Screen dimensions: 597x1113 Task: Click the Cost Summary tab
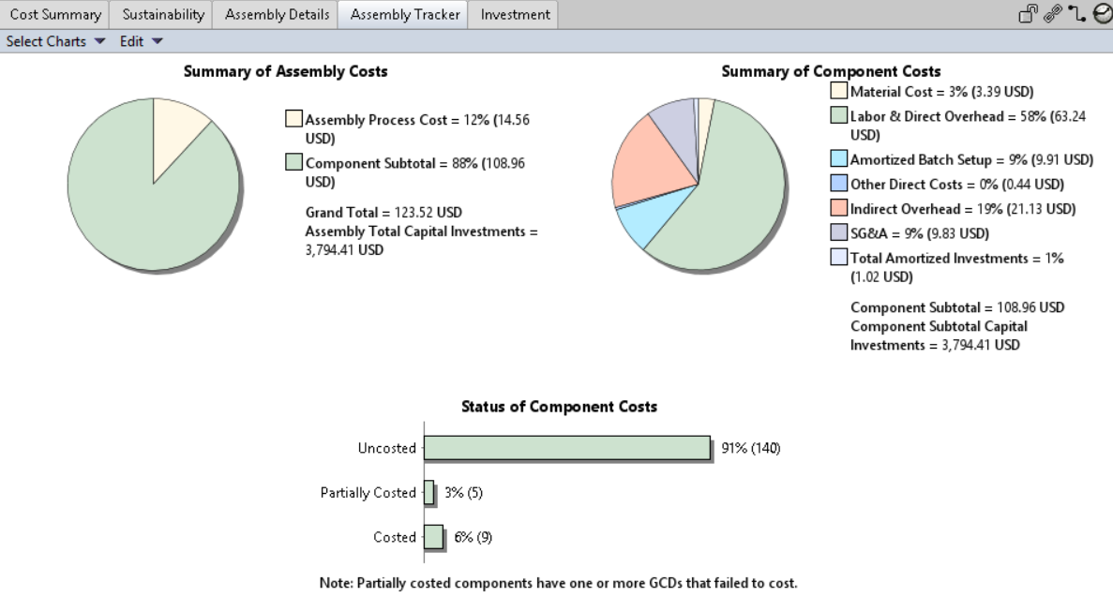click(55, 15)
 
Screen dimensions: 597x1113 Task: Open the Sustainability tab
click(163, 15)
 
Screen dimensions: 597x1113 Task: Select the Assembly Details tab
click(277, 15)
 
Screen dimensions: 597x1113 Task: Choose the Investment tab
click(515, 15)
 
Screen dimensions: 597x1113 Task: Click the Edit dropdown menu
click(141, 41)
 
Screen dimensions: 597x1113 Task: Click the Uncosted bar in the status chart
click(567, 448)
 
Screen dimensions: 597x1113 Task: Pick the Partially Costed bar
click(429, 493)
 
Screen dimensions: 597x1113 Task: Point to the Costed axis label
click(395, 537)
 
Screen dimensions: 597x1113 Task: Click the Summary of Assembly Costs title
click(285, 71)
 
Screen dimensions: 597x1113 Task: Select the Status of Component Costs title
click(559, 407)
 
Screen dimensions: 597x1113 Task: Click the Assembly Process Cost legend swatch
click(294, 119)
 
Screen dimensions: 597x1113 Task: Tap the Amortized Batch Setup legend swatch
click(839, 160)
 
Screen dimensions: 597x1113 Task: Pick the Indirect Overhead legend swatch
click(839, 209)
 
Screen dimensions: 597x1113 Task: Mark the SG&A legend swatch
click(839, 233)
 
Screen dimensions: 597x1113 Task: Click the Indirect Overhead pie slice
click(652, 169)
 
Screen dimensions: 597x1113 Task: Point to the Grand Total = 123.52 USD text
click(384, 213)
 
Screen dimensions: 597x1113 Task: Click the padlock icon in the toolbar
click(1029, 14)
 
